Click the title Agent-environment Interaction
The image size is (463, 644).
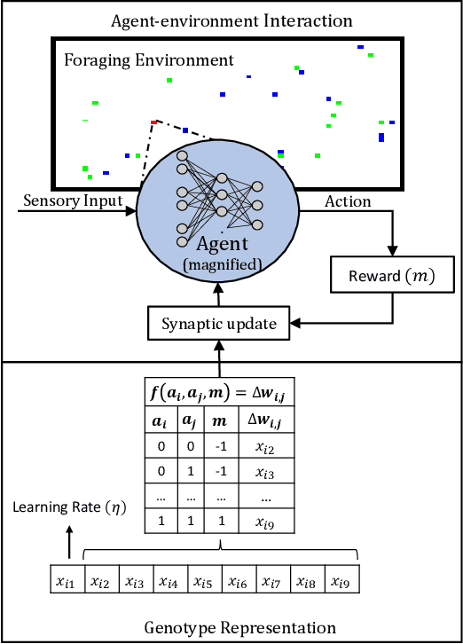[232, 20]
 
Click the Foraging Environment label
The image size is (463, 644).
[148, 60]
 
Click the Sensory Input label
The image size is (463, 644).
[73, 200]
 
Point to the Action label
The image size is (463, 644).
[348, 201]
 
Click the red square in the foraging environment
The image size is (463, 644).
[153, 122]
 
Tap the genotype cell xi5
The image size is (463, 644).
[202, 583]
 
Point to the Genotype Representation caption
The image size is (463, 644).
[239, 628]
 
